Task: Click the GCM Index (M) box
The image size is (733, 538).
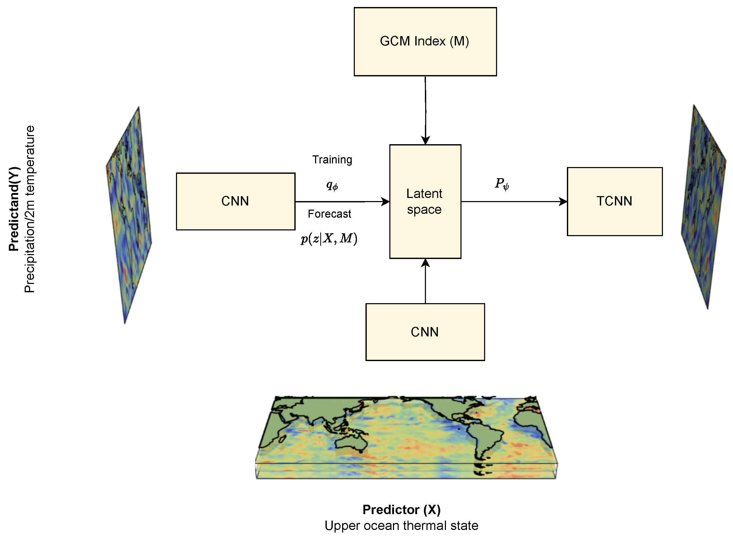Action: [425, 42]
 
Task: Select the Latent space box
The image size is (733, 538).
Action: [425, 201]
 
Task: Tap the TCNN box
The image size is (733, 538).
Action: [614, 201]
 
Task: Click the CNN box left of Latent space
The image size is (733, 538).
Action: [235, 201]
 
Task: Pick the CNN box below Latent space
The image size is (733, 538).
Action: [425, 332]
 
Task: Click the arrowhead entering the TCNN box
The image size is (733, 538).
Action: [563, 202]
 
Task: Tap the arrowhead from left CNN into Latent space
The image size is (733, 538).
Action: [385, 202]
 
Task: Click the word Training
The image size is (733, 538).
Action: [332, 160]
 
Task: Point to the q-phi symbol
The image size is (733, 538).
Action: [332, 185]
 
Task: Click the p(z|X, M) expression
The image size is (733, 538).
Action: [329, 239]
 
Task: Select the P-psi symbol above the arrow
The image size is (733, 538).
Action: [502, 184]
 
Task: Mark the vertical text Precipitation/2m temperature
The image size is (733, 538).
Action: [30, 209]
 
